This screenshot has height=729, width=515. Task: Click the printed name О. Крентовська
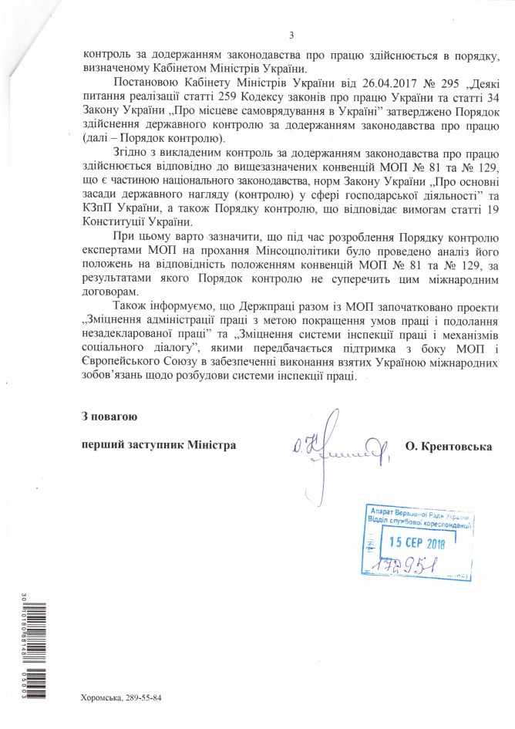coord(447,447)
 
